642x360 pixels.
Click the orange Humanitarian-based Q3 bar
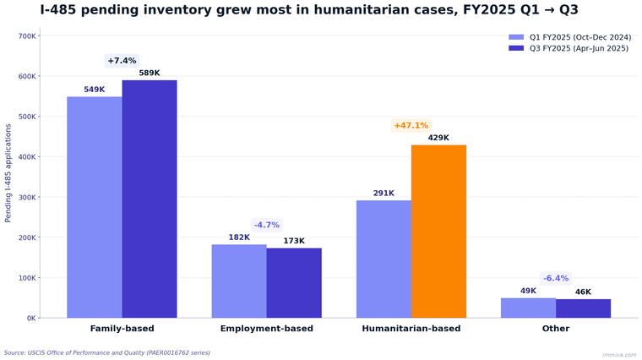(438, 232)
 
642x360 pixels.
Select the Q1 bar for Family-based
(95, 207)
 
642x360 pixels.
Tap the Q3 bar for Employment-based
(294, 282)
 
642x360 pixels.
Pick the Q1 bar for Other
(528, 308)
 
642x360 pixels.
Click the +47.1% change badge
(411, 126)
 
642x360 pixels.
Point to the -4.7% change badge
(266, 225)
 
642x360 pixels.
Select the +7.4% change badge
(122, 61)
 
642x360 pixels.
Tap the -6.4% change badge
(556, 278)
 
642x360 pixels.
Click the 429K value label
(438, 138)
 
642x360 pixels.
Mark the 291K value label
(384, 194)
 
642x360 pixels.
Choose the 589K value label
(150, 74)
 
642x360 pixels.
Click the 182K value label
(239, 237)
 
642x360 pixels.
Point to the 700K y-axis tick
(26, 36)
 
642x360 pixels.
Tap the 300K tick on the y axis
(26, 197)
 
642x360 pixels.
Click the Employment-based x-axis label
(266, 329)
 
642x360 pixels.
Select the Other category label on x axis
(556, 329)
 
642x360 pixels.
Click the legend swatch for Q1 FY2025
(516, 37)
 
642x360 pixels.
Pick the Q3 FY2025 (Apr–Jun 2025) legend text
(579, 49)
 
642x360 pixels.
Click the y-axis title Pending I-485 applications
(8, 173)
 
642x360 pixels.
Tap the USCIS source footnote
(107, 352)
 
